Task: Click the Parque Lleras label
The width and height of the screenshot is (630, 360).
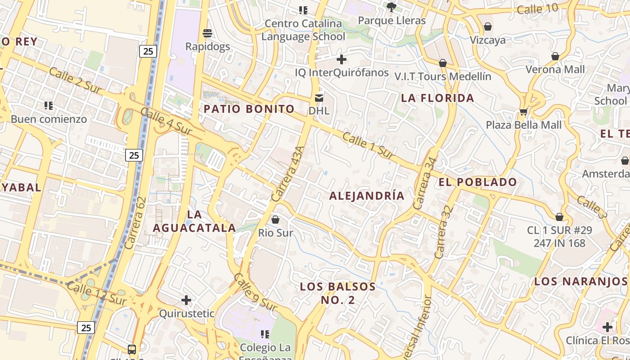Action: coord(391,21)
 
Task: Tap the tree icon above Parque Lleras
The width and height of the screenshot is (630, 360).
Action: coord(391,7)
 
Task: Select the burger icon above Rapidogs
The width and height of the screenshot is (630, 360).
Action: coord(207,33)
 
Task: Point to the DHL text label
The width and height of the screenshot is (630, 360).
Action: coord(319,111)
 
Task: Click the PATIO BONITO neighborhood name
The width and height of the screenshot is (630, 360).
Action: coord(249,109)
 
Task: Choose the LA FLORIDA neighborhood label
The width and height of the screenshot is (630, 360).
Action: coord(437,98)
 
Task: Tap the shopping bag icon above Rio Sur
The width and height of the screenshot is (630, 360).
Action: coord(275,220)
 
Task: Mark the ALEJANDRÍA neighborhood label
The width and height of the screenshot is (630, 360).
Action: coord(367,196)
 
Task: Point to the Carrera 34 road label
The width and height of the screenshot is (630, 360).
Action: coord(425,183)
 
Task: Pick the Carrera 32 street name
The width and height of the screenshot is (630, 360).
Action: coord(443,232)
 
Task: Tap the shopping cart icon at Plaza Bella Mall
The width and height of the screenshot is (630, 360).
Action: coord(523,111)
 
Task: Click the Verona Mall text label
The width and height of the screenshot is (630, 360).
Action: coord(555,69)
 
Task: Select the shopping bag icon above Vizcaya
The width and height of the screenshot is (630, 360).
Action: coord(488,27)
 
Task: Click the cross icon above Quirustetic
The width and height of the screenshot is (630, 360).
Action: coord(186,300)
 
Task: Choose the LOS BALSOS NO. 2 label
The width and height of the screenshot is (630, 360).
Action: coord(337,293)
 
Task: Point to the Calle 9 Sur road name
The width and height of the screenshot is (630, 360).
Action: coord(255,292)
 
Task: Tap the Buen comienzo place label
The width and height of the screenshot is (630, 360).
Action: coord(49,119)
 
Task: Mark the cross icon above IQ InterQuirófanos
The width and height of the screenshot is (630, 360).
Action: coord(342,59)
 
